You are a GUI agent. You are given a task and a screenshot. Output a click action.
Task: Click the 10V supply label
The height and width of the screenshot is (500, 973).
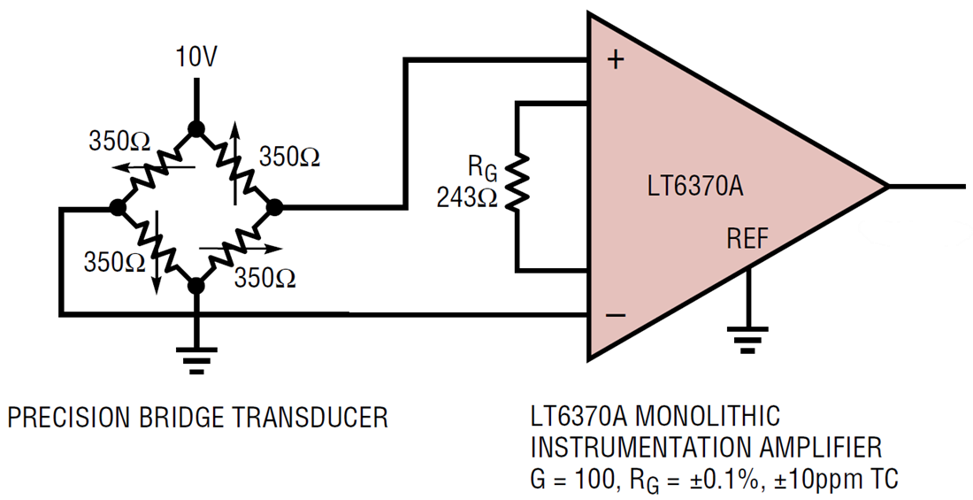(196, 58)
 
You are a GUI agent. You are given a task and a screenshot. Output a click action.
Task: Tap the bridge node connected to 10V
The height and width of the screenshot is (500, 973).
(196, 129)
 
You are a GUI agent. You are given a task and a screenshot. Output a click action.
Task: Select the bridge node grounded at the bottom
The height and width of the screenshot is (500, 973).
(196, 285)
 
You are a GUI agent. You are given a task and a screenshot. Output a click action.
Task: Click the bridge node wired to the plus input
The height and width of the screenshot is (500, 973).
(274, 208)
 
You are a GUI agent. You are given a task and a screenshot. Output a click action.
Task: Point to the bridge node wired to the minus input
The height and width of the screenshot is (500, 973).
(116, 208)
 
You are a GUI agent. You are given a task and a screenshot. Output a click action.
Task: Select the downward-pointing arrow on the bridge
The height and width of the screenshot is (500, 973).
(157, 274)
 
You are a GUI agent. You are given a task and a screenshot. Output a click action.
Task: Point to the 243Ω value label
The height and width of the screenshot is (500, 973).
(469, 198)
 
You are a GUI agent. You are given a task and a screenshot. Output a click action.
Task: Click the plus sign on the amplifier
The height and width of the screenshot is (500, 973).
(617, 60)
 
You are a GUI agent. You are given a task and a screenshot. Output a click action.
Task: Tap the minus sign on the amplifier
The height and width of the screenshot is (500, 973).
(617, 315)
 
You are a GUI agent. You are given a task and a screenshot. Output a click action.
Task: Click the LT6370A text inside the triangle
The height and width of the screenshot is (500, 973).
(694, 188)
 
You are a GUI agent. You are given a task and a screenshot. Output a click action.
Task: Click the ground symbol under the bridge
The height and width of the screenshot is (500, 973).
(196, 357)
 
